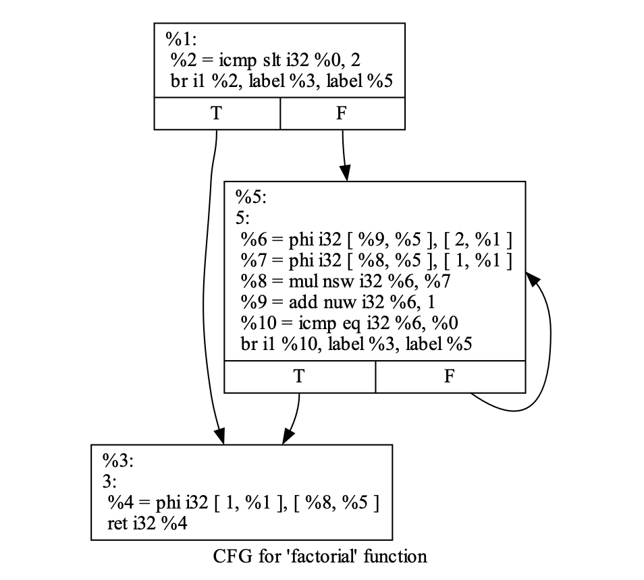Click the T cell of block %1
point(216,113)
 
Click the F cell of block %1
point(342,113)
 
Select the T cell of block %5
point(299,377)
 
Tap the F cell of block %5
point(450,377)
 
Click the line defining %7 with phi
point(376,260)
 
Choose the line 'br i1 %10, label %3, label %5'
point(356,343)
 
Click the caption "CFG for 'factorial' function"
point(320,557)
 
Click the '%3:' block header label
point(119,461)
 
